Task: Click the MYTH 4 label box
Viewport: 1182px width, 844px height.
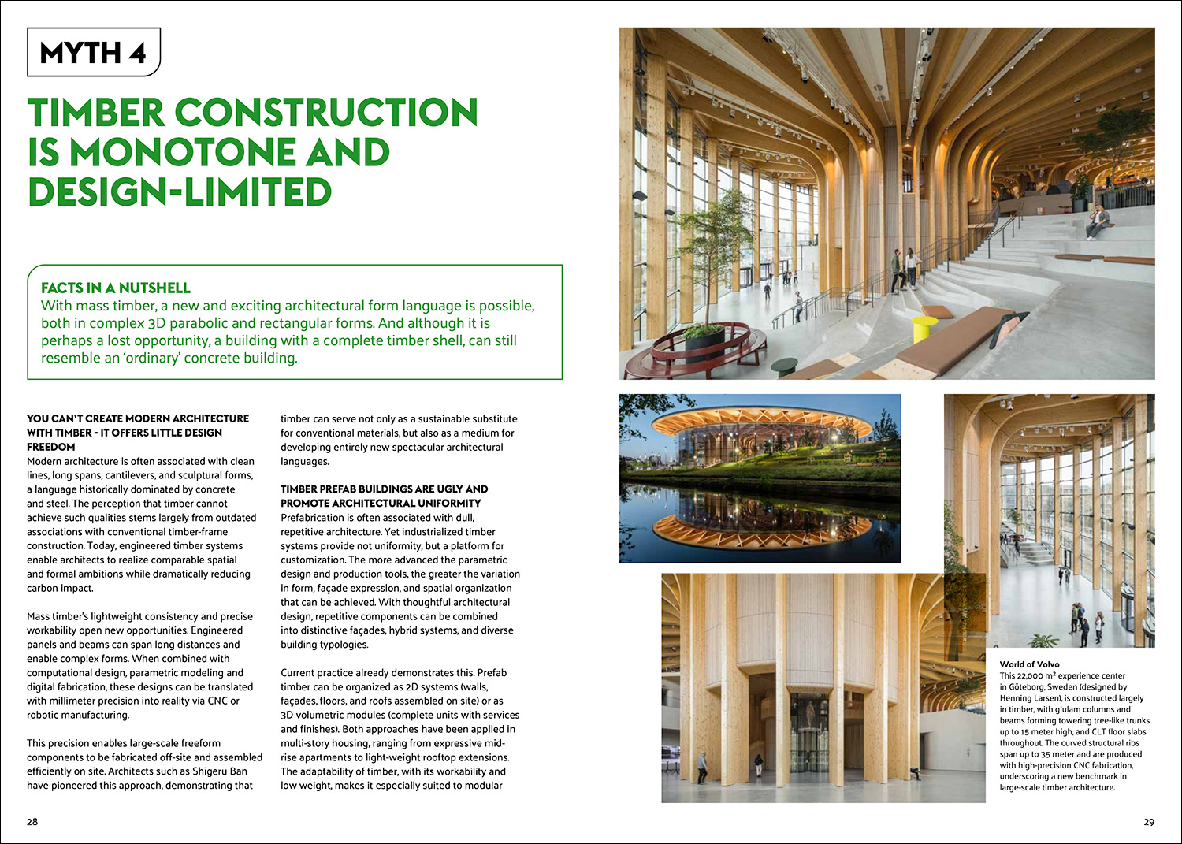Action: coord(93,53)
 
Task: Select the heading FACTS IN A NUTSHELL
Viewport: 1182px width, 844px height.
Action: coord(116,288)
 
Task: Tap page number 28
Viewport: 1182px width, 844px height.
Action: coord(32,822)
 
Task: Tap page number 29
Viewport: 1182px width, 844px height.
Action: coord(1148,822)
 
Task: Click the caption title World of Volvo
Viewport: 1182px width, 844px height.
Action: coord(1029,664)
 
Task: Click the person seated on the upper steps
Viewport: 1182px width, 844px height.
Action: coord(1098,221)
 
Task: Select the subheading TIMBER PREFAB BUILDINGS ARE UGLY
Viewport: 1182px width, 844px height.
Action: coord(384,489)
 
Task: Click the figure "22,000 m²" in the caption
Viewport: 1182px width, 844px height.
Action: coord(1028,675)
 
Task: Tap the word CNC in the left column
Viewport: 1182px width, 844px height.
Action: coord(218,701)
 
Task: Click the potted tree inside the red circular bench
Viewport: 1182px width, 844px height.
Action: coord(705,284)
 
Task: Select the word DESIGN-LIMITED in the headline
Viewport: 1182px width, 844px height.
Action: coord(180,192)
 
